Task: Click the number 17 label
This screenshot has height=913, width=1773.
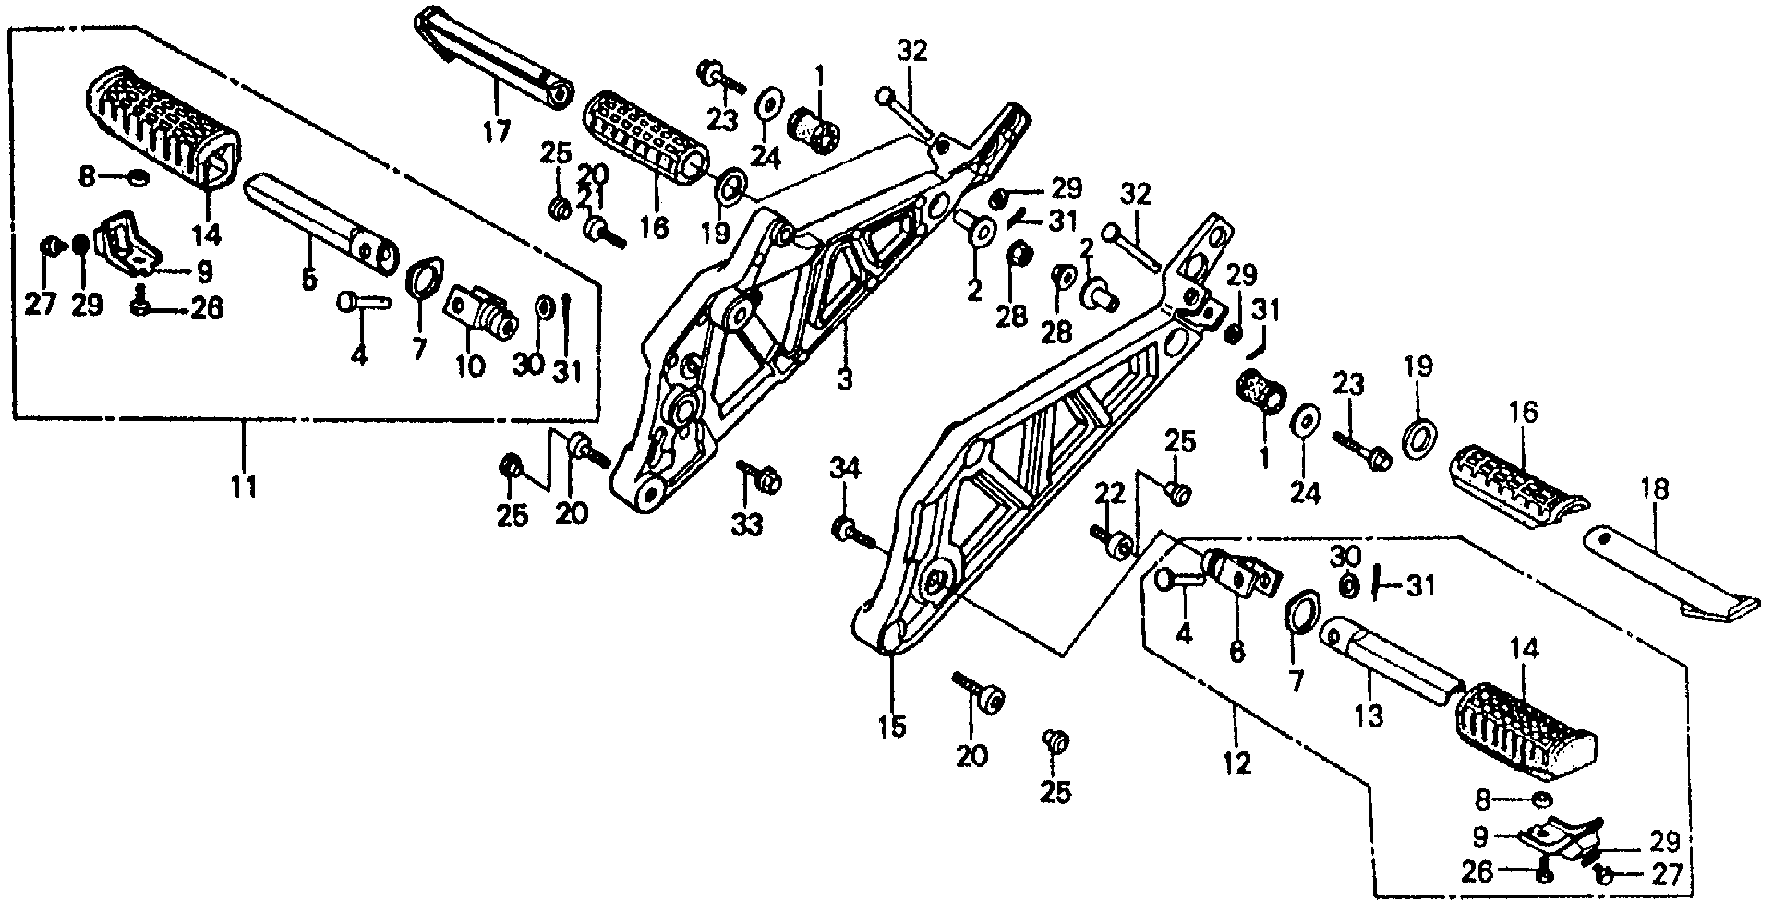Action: [x=496, y=132]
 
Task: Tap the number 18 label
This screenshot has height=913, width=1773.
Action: [x=1654, y=489]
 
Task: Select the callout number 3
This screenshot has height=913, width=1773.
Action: [x=844, y=378]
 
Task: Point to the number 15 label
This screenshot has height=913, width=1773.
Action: [x=892, y=726]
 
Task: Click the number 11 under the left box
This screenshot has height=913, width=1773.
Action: [x=244, y=486]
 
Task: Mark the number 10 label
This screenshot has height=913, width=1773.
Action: [x=469, y=366]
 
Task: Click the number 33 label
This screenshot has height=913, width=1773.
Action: [x=748, y=525]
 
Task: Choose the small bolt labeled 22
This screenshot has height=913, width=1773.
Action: [x=1113, y=545]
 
